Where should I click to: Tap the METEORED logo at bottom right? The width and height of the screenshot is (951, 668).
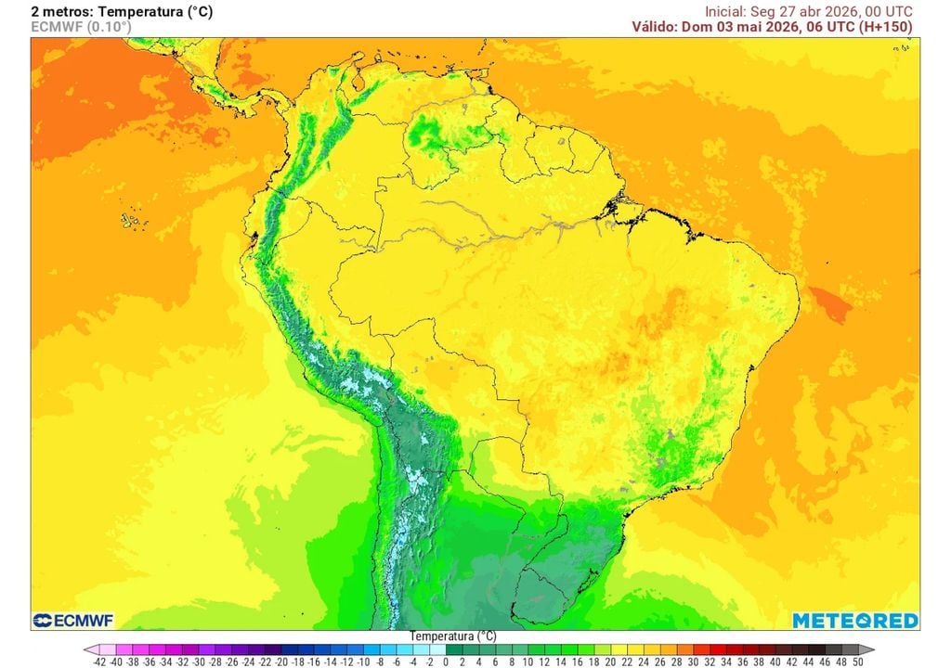click(854, 620)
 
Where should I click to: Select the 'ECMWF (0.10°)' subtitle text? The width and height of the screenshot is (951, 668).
click(81, 27)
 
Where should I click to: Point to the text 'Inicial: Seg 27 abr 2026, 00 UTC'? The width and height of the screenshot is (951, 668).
click(808, 11)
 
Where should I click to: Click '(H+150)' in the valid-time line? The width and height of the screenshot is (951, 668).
click(885, 27)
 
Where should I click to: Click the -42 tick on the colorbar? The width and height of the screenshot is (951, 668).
click(100, 662)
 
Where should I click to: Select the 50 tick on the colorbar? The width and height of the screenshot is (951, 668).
click(858, 662)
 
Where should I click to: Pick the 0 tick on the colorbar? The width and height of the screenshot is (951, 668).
click(447, 662)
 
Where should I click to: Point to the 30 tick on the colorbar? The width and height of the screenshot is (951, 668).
click(694, 662)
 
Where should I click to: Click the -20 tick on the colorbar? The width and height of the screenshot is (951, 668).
click(281, 662)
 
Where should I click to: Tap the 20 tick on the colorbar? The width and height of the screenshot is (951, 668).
click(611, 662)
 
